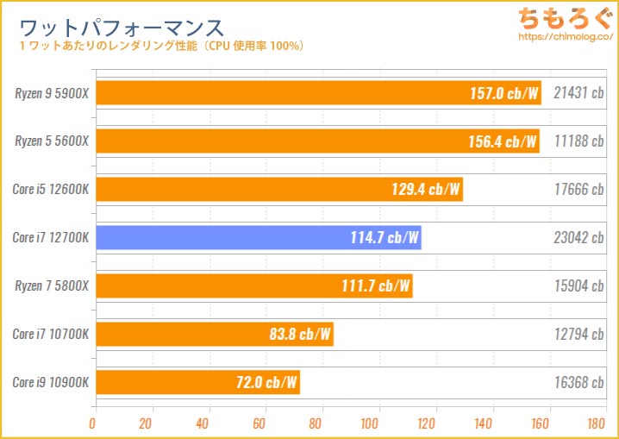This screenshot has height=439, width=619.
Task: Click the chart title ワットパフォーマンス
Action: tap(120, 25)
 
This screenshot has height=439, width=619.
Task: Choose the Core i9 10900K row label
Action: tap(52, 382)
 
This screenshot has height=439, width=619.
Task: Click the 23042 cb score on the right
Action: tap(578, 237)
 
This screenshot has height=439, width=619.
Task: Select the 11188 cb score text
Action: tap(578, 141)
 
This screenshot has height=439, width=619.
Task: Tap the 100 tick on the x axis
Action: tap(371, 423)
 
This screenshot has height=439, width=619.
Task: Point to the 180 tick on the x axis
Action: tap(593, 423)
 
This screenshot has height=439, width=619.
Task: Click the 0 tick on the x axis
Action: tap(93, 423)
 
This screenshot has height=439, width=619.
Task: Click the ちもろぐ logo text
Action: tap(563, 17)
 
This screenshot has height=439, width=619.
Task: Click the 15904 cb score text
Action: tap(578, 285)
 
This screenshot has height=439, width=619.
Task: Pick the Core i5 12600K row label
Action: tap(52, 189)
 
